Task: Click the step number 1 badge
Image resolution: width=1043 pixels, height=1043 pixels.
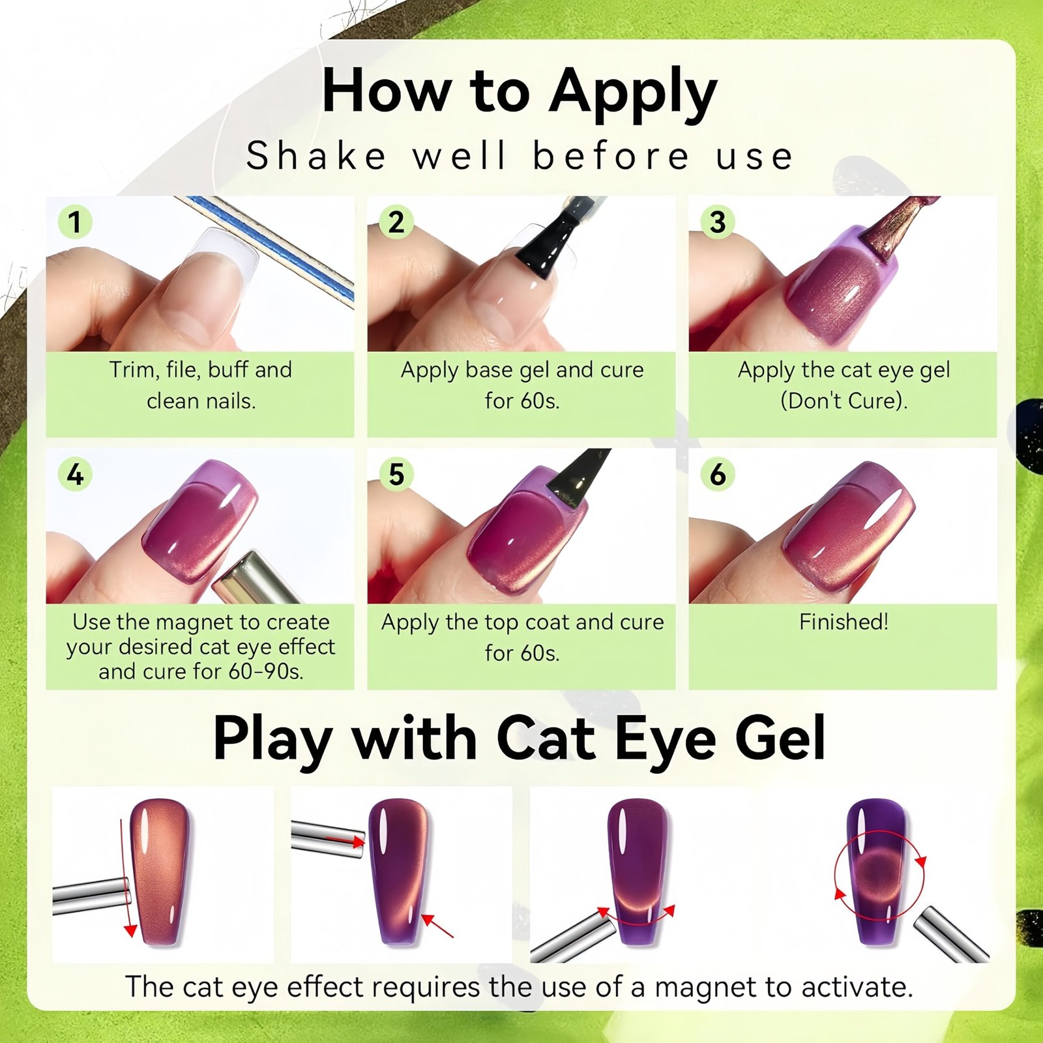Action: [x=75, y=222]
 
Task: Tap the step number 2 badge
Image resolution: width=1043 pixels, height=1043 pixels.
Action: [x=396, y=222]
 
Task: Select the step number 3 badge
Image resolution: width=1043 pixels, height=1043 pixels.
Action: [x=718, y=222]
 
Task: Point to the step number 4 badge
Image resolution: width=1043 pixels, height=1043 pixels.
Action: [x=75, y=474]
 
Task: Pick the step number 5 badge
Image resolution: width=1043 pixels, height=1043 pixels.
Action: [x=396, y=474]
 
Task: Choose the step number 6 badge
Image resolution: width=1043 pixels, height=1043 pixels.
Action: [x=718, y=474]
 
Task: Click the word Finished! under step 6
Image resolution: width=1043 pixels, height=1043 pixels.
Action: [x=844, y=622]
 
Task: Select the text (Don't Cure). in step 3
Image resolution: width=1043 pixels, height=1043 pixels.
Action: [x=844, y=400]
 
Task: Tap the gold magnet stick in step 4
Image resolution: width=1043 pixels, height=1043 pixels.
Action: [x=256, y=578]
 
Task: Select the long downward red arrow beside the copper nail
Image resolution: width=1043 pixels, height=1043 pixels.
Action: [x=126, y=877]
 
